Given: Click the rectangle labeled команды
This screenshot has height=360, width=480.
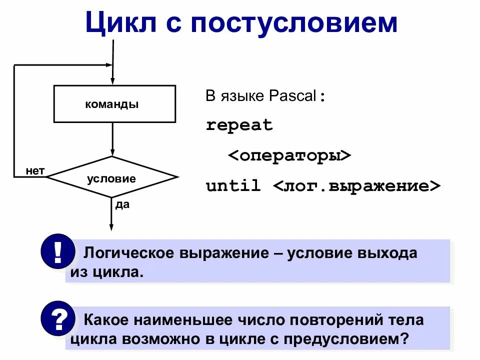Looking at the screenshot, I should tap(114, 104).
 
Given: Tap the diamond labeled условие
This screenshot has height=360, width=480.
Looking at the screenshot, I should tap(111, 178).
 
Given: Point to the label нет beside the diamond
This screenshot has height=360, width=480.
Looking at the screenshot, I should tap(35, 171).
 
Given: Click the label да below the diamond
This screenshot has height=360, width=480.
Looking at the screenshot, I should tap(122, 204).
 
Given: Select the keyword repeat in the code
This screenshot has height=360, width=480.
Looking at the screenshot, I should tap(239, 125).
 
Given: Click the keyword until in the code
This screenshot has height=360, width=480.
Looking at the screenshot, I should tap(233, 186).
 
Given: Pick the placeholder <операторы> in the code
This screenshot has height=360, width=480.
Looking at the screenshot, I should tap(290, 155).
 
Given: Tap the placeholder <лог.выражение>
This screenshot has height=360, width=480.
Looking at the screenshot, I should tap(357, 186).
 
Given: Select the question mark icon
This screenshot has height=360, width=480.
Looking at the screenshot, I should tap(57, 318).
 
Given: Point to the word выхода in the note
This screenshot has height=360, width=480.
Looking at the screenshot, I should tap(386, 253).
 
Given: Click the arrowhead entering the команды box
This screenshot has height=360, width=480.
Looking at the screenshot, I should tap(113, 81).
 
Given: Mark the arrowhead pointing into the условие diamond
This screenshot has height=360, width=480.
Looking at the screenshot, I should tap(113, 152).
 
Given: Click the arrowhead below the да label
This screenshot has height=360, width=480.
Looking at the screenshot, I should tap(111, 228).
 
